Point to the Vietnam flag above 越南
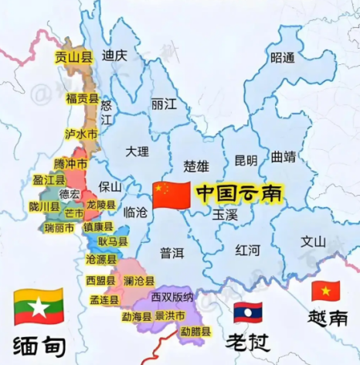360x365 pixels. pos(325,291)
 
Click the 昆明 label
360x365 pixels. pos(246,160)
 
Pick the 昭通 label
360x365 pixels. pos(283,57)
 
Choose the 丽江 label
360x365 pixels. pos(164,104)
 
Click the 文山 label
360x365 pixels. pos(313,240)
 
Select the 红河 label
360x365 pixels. pos(249,250)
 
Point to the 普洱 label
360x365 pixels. pos(172,252)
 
